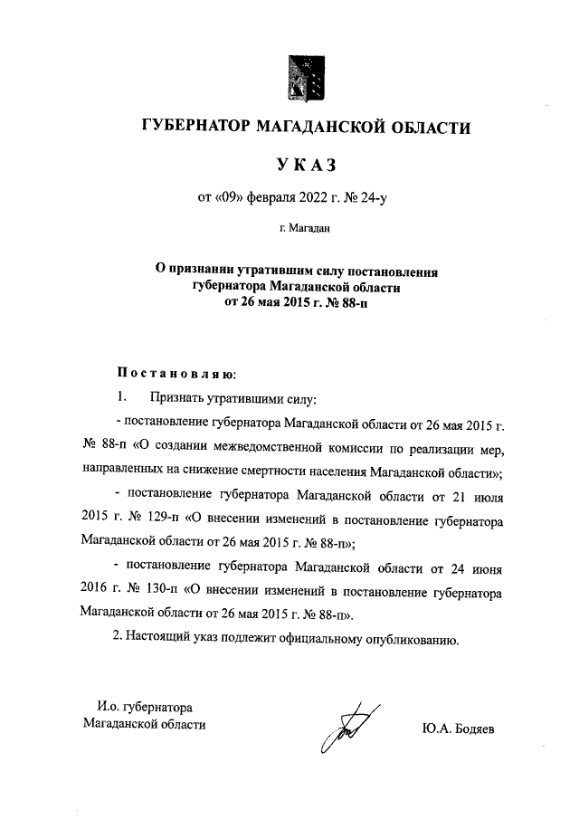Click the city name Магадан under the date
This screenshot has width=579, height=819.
coord(308,229)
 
